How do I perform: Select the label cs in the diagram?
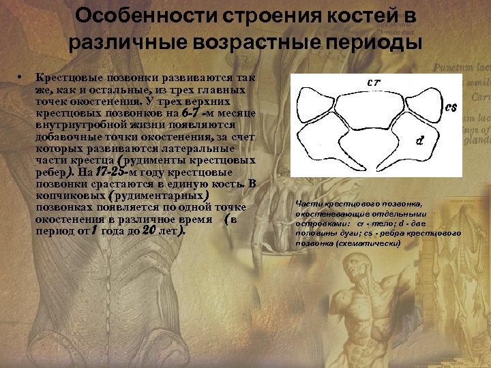451,107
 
